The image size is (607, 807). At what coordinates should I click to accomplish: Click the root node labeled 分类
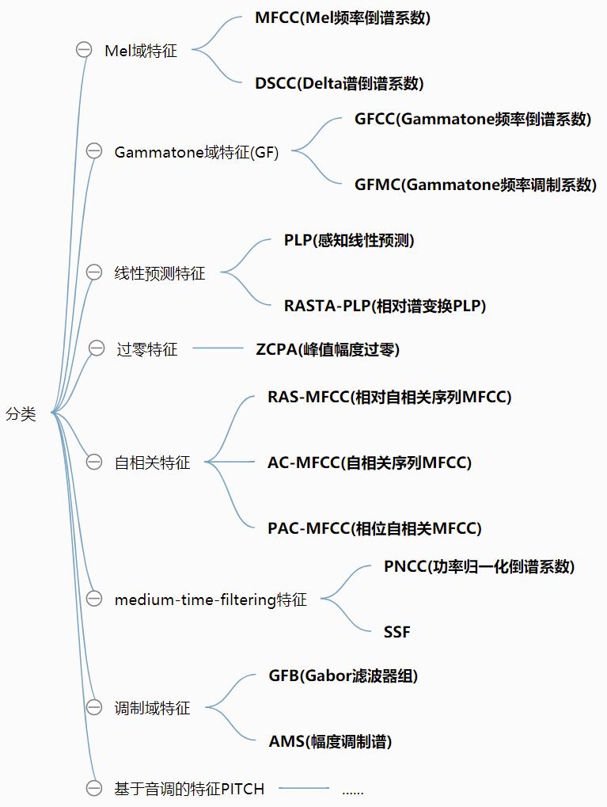(x=21, y=413)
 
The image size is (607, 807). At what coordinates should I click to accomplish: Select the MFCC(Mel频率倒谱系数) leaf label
(x=343, y=18)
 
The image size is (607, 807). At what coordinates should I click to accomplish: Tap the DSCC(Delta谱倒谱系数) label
(x=340, y=83)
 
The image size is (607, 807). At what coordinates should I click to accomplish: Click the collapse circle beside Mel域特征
(x=84, y=50)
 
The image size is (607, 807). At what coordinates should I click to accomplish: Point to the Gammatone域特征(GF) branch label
(x=196, y=152)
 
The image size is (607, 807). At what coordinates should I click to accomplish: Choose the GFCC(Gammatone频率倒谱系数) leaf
(x=472, y=120)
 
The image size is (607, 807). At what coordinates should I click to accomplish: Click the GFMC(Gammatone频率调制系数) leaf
(x=475, y=185)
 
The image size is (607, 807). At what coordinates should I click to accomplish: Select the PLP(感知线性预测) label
(x=349, y=241)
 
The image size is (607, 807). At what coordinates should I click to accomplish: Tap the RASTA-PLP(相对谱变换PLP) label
(x=385, y=306)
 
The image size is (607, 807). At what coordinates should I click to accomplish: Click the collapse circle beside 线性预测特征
(x=94, y=272)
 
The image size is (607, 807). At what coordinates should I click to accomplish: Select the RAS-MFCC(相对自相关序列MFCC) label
(x=389, y=398)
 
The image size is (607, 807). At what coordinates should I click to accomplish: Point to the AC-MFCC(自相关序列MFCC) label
(x=370, y=463)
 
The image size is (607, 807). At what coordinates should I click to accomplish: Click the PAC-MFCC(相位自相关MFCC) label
(x=374, y=527)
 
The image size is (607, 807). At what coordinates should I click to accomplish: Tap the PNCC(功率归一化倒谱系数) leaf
(x=479, y=566)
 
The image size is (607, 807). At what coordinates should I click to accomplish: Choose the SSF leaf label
(x=397, y=631)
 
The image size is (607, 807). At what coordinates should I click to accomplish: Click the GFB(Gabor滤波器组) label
(x=343, y=676)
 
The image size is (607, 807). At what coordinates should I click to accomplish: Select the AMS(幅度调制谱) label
(x=330, y=741)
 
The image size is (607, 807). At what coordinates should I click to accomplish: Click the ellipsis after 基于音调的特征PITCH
(x=352, y=790)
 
